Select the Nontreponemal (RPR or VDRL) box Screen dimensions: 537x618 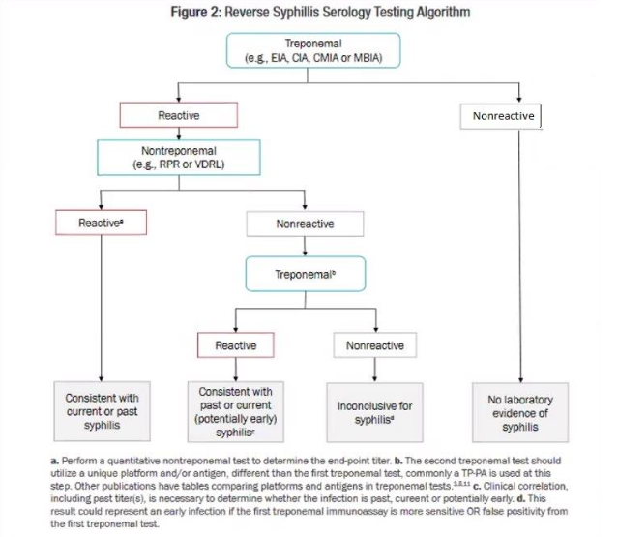178,158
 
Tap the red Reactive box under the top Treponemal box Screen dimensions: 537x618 178,115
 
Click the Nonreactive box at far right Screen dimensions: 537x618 502,116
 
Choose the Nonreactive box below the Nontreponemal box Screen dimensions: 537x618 305,224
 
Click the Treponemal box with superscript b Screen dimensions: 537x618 305,274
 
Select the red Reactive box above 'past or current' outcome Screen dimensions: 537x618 235,344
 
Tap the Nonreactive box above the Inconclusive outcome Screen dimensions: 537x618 374,344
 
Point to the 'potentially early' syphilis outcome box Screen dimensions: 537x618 235,411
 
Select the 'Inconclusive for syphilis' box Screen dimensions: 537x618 374,412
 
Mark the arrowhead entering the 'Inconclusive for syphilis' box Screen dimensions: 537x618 374,377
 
